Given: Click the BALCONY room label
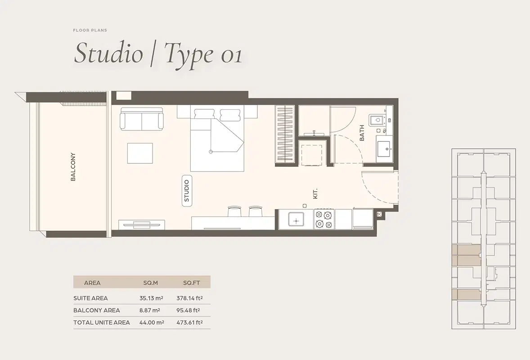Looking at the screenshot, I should [x=73, y=167].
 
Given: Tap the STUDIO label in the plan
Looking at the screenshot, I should [x=187, y=191].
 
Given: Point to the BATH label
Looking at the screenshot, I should [x=362, y=133].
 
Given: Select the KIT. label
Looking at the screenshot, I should [x=315, y=193].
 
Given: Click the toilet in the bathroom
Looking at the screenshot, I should [x=377, y=120].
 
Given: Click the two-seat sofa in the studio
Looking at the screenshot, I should [x=141, y=119].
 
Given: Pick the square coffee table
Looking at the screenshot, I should [x=140, y=153].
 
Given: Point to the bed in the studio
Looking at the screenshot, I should [x=217, y=139].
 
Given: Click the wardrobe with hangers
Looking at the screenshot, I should [x=285, y=135].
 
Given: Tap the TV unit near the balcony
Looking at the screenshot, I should [x=141, y=224].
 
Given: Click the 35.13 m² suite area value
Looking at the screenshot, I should [x=151, y=298].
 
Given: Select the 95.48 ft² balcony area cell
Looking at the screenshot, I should [x=191, y=310].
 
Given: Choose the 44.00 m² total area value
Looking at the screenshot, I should [x=151, y=322].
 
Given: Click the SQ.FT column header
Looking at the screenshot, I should [x=191, y=283].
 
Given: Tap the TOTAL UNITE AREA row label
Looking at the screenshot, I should [x=102, y=322].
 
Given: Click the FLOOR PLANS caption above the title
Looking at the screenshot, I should [x=90, y=30].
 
